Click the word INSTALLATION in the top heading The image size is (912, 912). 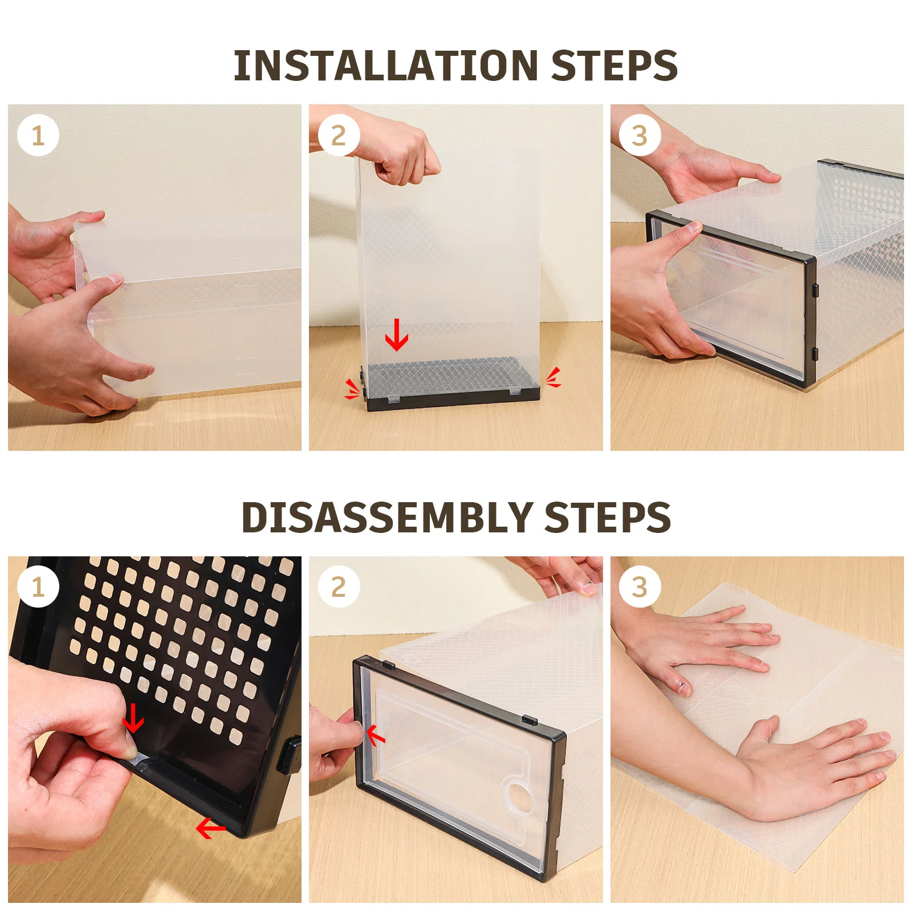tap(386, 66)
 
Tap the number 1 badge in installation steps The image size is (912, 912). tap(38, 136)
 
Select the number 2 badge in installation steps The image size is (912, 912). tap(339, 136)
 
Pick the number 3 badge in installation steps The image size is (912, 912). tap(640, 136)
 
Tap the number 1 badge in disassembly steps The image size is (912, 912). tap(38, 587)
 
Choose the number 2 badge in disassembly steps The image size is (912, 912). tap(339, 587)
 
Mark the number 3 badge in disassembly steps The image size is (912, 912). tap(640, 587)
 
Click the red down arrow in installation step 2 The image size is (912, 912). tap(397, 335)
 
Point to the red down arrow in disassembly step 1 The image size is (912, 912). tap(133, 718)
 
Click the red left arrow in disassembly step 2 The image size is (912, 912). tap(376, 736)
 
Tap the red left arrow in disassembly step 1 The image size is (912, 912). tap(211, 828)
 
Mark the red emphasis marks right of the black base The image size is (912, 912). tap(553, 377)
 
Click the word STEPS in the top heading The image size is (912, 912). tap(614, 66)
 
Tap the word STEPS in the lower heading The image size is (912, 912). tap(608, 518)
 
